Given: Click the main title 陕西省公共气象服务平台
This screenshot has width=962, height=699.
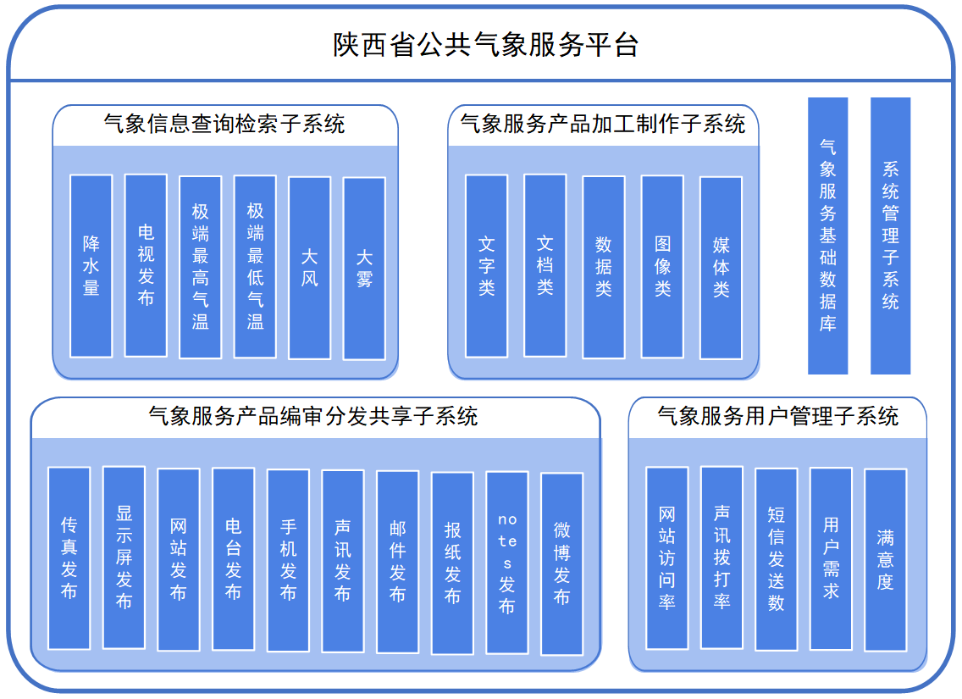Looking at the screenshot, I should point(485,45).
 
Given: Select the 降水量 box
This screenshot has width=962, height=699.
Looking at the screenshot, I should point(91,266).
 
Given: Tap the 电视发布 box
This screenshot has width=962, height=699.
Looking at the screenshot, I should point(146,265).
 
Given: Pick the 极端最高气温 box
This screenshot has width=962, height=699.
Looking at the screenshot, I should point(201,267).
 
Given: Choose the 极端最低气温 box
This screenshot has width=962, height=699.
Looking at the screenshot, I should point(255,267).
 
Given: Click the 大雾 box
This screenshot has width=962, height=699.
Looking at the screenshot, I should point(364,268).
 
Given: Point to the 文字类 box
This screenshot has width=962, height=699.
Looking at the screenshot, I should point(486,266).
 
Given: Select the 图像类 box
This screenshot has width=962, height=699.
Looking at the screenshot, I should point(662,267).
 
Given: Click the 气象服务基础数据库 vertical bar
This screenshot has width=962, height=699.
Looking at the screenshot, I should point(827,236).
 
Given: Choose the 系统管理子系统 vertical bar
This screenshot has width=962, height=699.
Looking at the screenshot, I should point(890,236).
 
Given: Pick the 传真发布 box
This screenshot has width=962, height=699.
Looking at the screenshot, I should point(69,558).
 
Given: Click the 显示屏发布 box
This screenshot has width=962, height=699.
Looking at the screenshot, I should point(124,558).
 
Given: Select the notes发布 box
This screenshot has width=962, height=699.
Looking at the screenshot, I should point(506,563).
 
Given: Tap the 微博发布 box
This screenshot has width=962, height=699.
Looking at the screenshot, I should point(561,564).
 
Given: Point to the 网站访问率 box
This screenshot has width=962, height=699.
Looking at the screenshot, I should point(667,558).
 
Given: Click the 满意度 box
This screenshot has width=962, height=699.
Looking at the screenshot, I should point(885,559).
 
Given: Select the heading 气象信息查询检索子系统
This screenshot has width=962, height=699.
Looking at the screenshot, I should point(224,125).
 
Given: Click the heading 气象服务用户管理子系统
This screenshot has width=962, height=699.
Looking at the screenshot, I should point(777,416).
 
